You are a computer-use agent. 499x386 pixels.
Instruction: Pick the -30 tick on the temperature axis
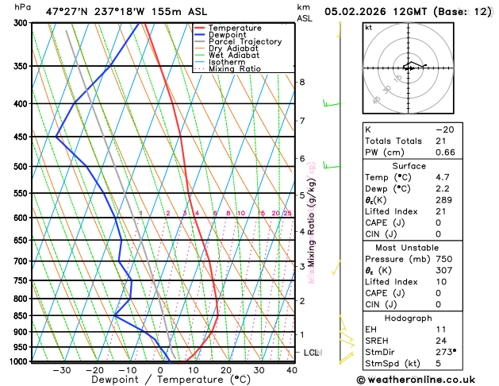click(62, 370)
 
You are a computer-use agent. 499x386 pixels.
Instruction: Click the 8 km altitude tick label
click(301, 82)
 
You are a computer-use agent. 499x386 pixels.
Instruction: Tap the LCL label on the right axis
click(311, 352)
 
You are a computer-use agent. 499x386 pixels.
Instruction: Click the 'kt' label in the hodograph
click(367, 27)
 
